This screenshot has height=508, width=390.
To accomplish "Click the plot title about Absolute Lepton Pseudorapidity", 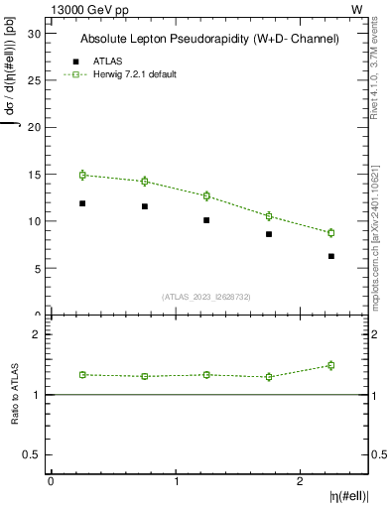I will click(209, 39).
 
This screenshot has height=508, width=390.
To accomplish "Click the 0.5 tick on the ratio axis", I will click(33, 454).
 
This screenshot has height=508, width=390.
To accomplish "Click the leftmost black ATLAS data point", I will click(82, 203).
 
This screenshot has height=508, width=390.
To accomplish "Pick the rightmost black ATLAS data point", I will click(331, 256).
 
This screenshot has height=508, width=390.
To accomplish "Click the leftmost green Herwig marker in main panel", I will click(82, 175).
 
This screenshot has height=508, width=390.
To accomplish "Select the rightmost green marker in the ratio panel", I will click(331, 365).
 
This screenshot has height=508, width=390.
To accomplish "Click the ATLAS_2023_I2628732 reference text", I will click(206, 296).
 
